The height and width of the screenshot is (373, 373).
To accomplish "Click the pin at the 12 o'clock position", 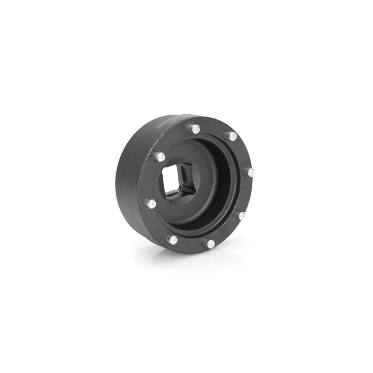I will coord(194,128).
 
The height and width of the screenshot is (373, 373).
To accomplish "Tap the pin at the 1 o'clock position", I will coord(231,136).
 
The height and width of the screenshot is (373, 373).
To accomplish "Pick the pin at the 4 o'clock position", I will coord(241,215).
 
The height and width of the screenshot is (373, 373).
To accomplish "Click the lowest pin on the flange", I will coord(209,243).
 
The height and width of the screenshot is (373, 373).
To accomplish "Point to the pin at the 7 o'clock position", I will coord(172,240).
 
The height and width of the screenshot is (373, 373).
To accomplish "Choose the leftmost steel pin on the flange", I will coord(151,203).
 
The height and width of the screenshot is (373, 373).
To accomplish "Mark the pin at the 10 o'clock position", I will coord(160,157).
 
